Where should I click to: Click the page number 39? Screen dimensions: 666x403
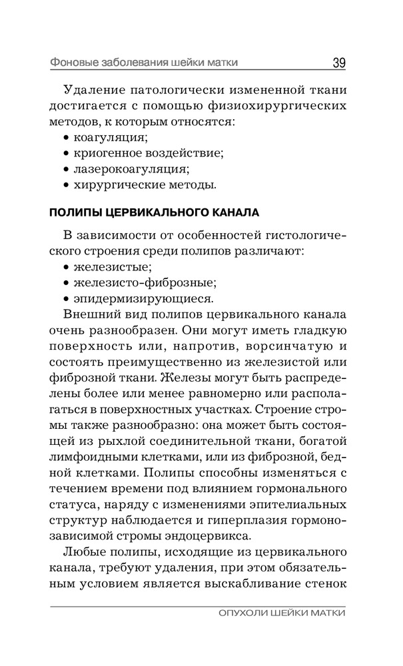click(x=338, y=63)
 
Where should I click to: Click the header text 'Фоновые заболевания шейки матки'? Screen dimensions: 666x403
click(x=145, y=63)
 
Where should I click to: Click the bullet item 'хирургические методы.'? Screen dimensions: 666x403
click(x=143, y=185)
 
